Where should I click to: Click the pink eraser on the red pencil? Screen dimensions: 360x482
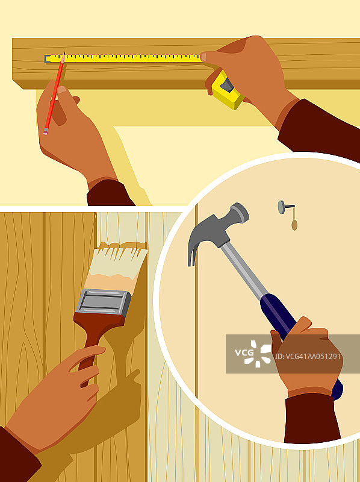pos(46,133)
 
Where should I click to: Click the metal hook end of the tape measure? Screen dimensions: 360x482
pos(47,58)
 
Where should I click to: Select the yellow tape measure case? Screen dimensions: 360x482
pos(227,91)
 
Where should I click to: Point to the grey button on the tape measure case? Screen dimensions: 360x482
pos(228,85)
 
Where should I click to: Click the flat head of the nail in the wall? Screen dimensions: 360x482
pos(281,207)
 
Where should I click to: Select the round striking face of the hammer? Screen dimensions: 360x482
pos(242,212)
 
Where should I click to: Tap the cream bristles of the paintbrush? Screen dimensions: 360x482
pos(117,265)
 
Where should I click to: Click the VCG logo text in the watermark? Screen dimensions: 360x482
pos(244,352)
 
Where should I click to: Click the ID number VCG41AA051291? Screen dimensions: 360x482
pos(308,357)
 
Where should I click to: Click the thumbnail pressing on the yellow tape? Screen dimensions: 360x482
pos(203,57)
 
